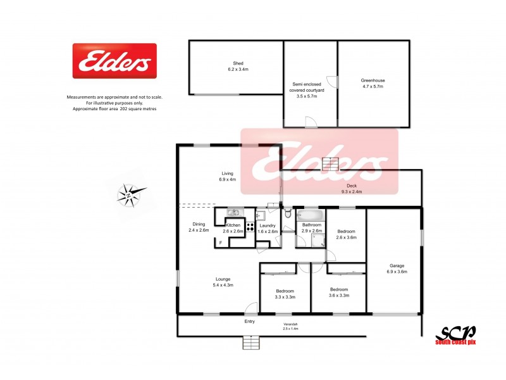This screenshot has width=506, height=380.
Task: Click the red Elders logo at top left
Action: [x=114, y=61]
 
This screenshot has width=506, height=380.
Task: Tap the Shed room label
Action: [x=238, y=62]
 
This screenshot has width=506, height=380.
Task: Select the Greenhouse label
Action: [x=373, y=80]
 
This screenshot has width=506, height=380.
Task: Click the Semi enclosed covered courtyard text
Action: [x=310, y=89]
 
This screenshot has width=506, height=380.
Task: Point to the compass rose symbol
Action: [x=130, y=194]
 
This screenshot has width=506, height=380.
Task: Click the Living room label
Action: [x=228, y=173]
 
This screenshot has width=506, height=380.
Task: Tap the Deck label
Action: [x=352, y=186]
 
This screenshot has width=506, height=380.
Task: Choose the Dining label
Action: [x=199, y=224]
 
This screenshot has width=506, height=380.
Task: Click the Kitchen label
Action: [x=233, y=225]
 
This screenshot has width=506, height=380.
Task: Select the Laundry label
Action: [x=267, y=225]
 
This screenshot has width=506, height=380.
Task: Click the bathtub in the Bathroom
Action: [x=311, y=214]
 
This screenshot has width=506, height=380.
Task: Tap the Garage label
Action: [x=397, y=265]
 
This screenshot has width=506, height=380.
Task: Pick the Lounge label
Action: [x=222, y=279]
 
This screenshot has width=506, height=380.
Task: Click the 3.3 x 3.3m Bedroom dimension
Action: [x=285, y=296]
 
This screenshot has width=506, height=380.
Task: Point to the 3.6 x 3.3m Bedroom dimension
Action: [x=338, y=296]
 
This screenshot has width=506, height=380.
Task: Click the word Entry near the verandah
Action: [x=250, y=322]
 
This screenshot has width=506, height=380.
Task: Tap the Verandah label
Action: [x=290, y=325]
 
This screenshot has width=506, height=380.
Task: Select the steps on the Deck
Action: [x=331, y=163]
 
